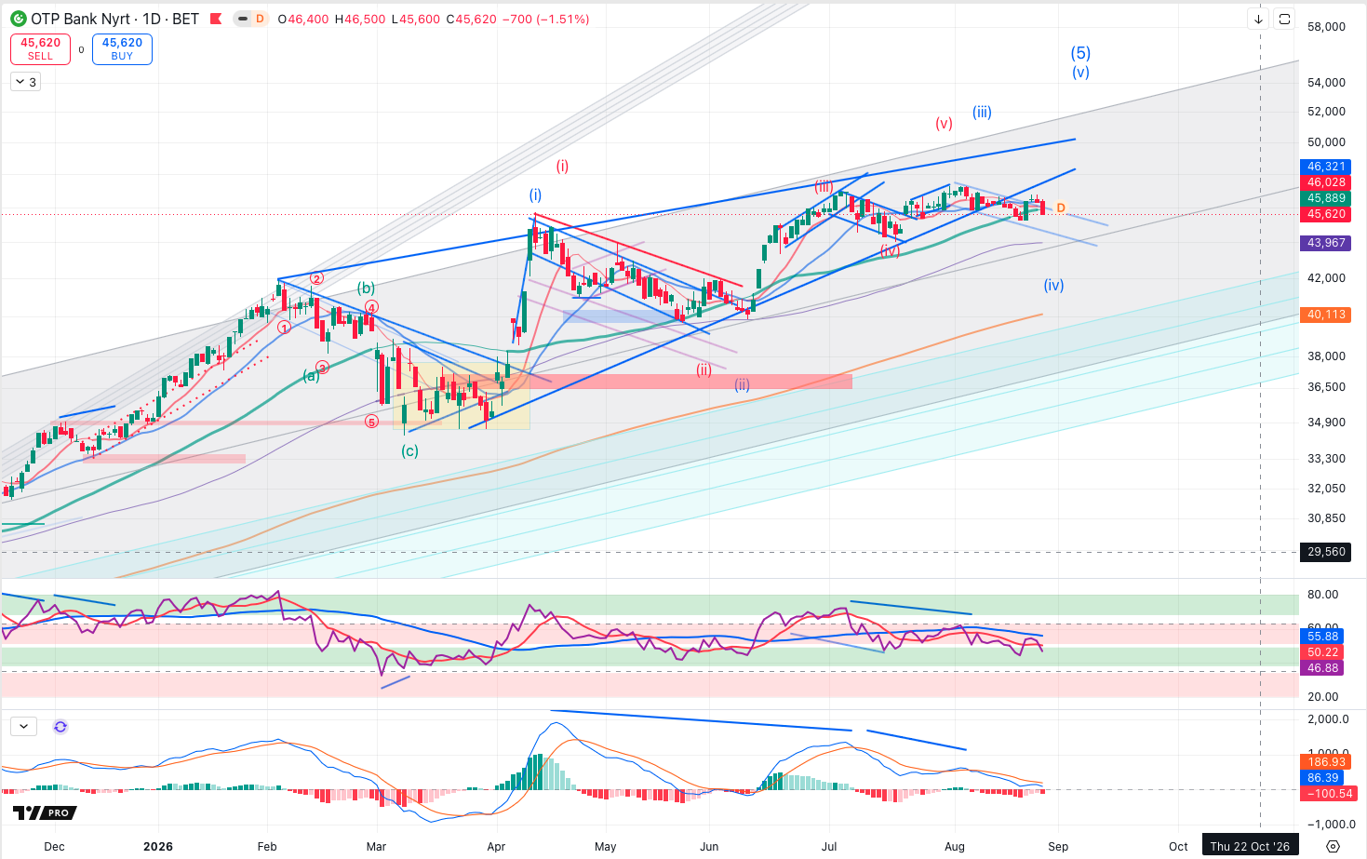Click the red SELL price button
tap(40, 48)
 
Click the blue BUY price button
tap(122, 48)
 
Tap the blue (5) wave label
tap(1080, 53)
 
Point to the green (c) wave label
tap(409, 451)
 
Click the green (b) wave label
tap(366, 289)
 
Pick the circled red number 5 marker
tap(371, 422)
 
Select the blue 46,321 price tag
tap(1325, 166)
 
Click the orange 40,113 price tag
tap(1325, 315)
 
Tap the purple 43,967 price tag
tap(1325, 242)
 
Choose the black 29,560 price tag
tap(1325, 551)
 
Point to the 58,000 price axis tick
tap(1326, 27)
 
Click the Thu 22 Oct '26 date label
tap(1250, 846)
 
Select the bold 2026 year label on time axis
tap(158, 846)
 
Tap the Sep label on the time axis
tap(1058, 846)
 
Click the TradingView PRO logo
tap(45, 812)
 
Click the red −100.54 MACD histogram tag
tap(1325, 794)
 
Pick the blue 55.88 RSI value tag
tap(1323, 637)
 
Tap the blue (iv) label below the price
tap(1053, 285)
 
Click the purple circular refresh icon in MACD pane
tap(60, 727)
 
